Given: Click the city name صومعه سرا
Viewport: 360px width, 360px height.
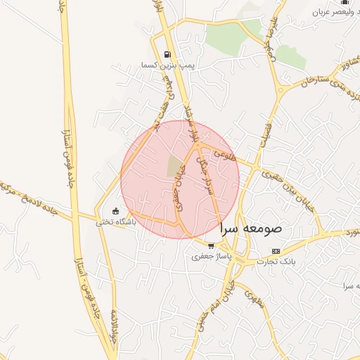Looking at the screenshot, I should click(251, 229).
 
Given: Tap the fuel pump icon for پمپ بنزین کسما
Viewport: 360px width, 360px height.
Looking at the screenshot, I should click(167, 54).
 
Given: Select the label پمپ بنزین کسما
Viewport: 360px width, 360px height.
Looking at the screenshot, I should click(167, 65).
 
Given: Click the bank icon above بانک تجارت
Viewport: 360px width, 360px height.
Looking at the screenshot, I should click(276, 251).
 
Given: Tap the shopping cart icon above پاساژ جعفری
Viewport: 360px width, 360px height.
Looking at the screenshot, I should click(211, 246).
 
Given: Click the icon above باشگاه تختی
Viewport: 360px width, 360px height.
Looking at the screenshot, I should click(116, 211).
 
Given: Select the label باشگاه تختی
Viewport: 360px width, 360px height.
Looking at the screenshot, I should click(115, 221).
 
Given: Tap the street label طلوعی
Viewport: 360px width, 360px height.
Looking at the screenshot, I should click(224, 150).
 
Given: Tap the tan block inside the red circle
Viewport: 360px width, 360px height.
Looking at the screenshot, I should click(174, 166).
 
